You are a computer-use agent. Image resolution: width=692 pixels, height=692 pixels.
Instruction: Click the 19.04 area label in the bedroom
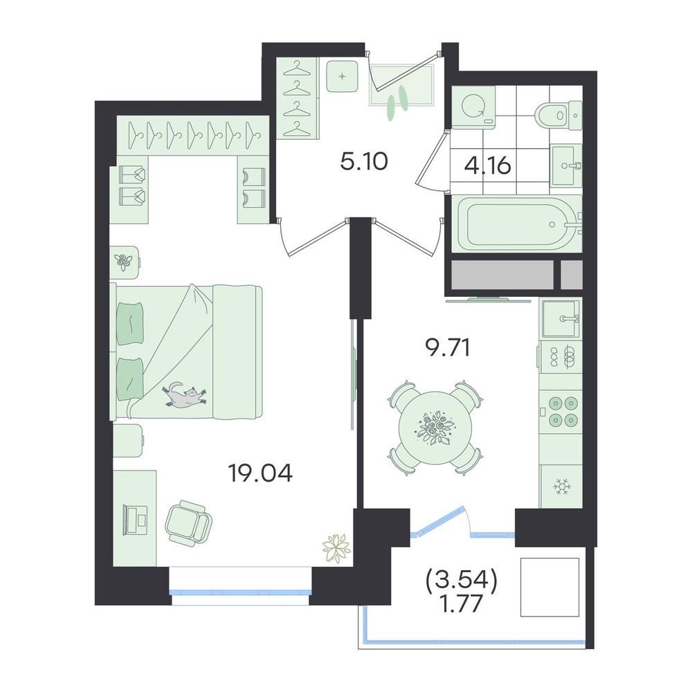click(x=260, y=473)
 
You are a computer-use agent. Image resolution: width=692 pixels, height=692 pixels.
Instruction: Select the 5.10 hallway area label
click(x=364, y=162)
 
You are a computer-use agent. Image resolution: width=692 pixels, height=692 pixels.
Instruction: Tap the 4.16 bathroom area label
click(x=488, y=166)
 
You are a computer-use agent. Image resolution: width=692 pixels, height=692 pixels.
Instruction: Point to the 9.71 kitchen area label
click(x=448, y=348)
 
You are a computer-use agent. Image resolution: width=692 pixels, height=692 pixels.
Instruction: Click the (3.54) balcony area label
click(x=462, y=580)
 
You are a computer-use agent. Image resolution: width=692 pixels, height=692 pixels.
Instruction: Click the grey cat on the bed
click(x=185, y=394)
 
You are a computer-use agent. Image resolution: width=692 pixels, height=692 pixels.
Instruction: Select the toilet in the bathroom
click(x=558, y=116)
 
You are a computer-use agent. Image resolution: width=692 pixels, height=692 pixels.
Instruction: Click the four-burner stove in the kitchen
click(x=561, y=411)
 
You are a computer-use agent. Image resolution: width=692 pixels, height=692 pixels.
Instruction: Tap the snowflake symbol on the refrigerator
click(x=562, y=486)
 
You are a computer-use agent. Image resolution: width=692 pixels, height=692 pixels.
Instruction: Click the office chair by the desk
click(x=188, y=525)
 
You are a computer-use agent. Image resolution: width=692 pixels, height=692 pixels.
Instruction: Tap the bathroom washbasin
click(x=567, y=166)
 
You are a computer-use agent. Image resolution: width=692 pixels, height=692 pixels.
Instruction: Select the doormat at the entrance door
click(x=401, y=84)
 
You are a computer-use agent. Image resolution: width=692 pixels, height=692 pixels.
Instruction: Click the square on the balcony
click(x=549, y=587)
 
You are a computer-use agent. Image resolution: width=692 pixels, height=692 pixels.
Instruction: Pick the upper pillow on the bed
click(x=130, y=323)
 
